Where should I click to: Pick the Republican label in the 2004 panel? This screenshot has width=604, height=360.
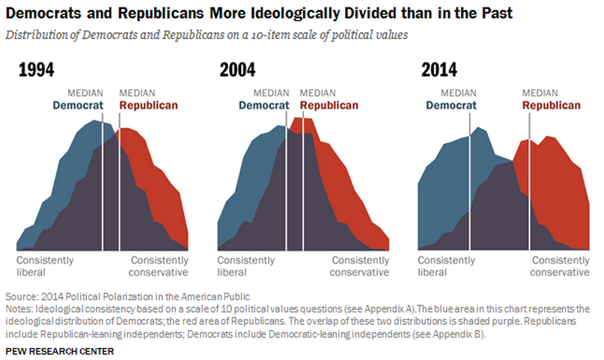tap(329, 106)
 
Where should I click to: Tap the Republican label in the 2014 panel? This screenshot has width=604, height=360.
tap(552, 106)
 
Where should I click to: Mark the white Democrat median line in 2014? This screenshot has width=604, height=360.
tap(469, 187)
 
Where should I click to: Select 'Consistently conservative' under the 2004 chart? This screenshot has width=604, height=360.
tap(360, 266)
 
